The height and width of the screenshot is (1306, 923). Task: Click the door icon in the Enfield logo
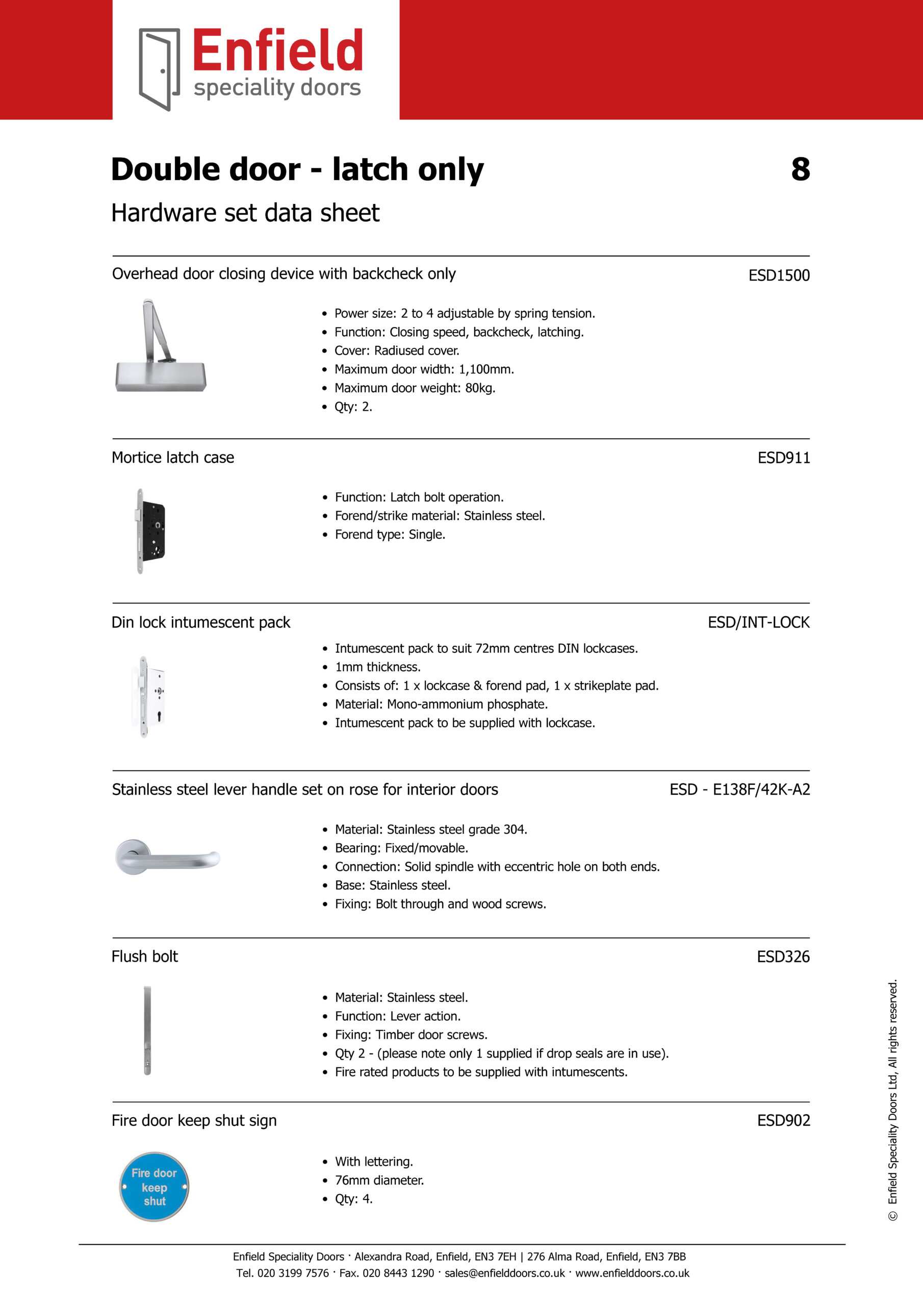pyautogui.click(x=159, y=69)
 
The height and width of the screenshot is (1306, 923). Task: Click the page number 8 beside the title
pyautogui.click(x=800, y=169)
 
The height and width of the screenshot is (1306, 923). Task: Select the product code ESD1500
pyautogui.click(x=779, y=275)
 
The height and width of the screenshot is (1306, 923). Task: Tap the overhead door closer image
pyautogui.click(x=160, y=346)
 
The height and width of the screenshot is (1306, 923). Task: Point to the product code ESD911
pyautogui.click(x=783, y=458)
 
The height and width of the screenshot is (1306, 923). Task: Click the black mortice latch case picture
pyautogui.click(x=151, y=531)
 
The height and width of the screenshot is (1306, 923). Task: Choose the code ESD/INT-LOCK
pyautogui.click(x=758, y=622)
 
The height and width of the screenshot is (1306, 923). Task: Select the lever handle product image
pyautogui.click(x=167, y=857)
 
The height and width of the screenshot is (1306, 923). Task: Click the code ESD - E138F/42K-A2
pyautogui.click(x=739, y=790)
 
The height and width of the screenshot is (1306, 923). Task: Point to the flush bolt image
pyautogui.click(x=147, y=1030)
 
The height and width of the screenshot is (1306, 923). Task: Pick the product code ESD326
pyautogui.click(x=783, y=957)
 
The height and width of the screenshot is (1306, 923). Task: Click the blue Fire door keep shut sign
pyautogui.click(x=154, y=1187)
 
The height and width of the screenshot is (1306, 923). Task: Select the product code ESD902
pyautogui.click(x=783, y=1121)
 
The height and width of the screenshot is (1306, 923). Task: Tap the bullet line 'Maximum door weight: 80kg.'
pyautogui.click(x=415, y=388)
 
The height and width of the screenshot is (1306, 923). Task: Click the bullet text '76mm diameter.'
pyautogui.click(x=379, y=1181)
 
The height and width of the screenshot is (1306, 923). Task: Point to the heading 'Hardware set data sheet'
pyautogui.click(x=245, y=213)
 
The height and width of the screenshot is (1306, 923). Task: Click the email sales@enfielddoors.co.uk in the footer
pyautogui.click(x=504, y=1273)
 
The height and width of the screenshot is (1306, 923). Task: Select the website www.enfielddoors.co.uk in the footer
pyautogui.click(x=632, y=1273)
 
